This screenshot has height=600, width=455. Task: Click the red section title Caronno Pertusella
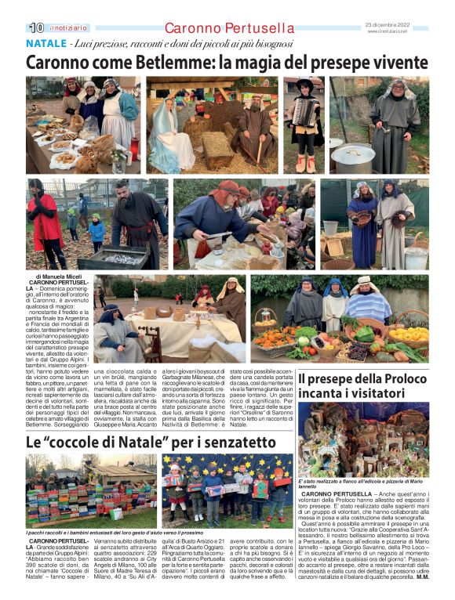point(219,28)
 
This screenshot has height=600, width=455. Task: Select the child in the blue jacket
point(96,228)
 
